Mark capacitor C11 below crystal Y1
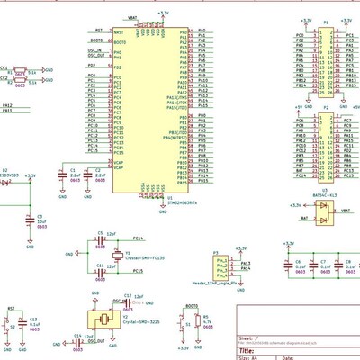100,270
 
